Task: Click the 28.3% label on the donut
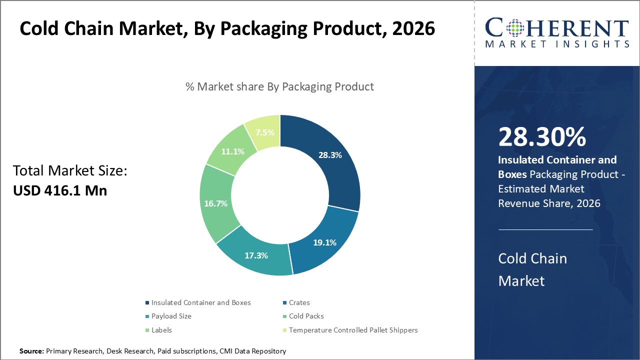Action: (330, 155)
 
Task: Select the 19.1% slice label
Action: (324, 242)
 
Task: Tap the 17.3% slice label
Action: (256, 255)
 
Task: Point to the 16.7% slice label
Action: (215, 203)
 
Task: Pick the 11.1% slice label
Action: (232, 151)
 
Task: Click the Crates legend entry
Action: (299, 302)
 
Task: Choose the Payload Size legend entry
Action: (171, 316)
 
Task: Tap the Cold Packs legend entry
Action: (306, 316)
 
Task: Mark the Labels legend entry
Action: (161, 330)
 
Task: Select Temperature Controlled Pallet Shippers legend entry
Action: (353, 330)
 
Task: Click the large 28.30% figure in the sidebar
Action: (542, 137)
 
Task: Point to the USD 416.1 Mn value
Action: (60, 190)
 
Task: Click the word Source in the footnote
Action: (31, 351)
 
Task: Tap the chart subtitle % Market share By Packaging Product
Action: (279, 86)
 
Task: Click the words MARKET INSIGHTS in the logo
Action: (556, 44)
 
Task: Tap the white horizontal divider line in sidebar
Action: (545, 229)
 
